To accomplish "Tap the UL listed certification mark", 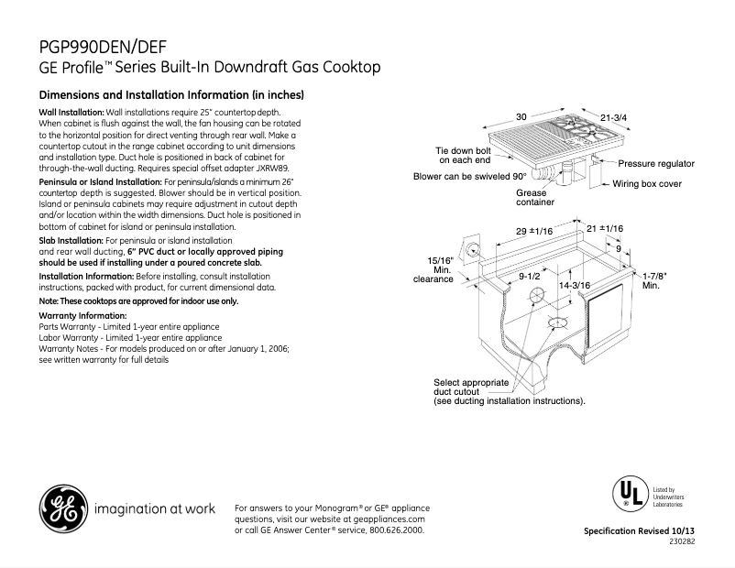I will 627,494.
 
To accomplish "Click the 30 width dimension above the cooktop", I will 521,117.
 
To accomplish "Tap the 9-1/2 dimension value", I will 529,275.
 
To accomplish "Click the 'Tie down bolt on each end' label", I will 465,154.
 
